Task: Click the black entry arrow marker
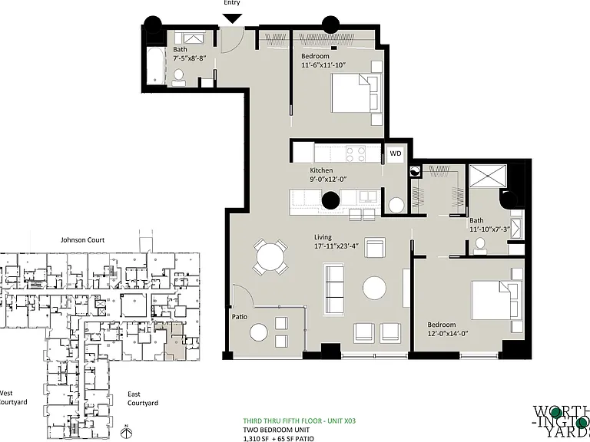coord(233,18)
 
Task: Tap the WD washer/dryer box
coord(396,153)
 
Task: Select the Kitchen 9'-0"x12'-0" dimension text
coord(328,175)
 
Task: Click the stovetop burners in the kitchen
coord(356,153)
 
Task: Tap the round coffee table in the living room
coord(374,289)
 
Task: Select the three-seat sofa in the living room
coord(334,290)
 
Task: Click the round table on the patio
coord(259,332)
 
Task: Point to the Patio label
coord(240,317)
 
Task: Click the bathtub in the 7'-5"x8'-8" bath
coord(155,66)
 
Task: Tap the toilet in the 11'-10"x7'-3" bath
coord(479,246)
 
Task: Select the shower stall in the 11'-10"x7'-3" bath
coord(489,176)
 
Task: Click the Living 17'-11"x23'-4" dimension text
coord(336,242)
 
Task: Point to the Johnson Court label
coord(83,239)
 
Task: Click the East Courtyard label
coord(143,398)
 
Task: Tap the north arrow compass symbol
coord(127,431)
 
